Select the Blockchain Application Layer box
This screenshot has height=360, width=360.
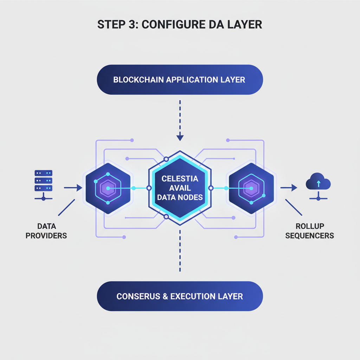coord(180,79)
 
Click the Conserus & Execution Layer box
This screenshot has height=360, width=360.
coord(180,296)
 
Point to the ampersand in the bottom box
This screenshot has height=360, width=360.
coord(165,296)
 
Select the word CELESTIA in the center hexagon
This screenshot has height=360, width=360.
coord(180,179)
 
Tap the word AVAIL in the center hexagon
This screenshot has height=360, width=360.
coord(180,188)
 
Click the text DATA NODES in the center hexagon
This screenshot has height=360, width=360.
coord(180,197)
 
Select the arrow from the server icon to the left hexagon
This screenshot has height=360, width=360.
coord(73,188)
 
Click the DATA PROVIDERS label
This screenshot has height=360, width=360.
coord(46,231)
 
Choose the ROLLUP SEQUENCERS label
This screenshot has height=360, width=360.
coord(309,231)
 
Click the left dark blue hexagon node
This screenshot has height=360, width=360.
coord(108,188)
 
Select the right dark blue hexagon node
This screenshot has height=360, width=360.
coord(251,188)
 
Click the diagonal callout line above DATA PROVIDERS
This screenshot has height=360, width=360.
coord(66,207)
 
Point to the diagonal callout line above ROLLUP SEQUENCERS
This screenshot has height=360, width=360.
coord(294,207)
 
